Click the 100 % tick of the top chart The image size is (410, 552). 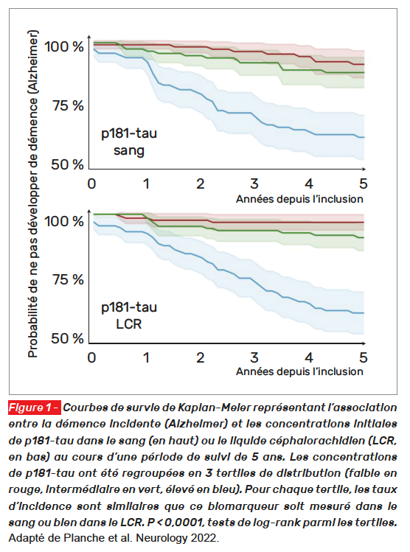63,46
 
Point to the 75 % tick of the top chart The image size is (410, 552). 69,105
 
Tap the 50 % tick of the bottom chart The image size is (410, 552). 67,338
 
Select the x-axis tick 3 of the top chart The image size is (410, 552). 254,184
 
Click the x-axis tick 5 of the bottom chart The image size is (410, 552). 363,357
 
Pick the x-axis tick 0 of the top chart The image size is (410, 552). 91,184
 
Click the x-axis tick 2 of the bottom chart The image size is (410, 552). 200,357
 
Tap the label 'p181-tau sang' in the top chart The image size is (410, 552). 129,142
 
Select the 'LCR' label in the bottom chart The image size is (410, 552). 128,324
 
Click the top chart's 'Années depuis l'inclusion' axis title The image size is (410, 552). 299,199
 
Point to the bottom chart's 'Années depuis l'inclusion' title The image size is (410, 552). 299,371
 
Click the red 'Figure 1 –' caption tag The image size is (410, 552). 35,408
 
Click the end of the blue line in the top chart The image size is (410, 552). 364,137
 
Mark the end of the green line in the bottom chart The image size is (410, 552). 364,237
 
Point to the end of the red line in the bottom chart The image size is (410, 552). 364,223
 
